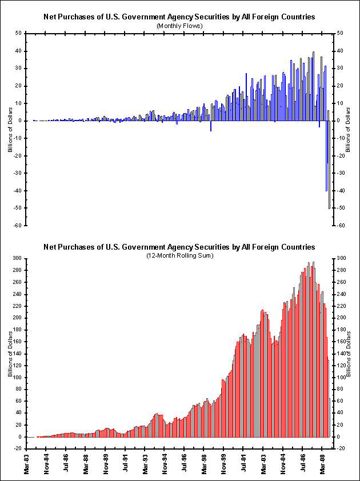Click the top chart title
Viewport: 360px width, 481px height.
click(179, 17)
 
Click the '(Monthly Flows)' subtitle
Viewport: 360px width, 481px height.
click(179, 26)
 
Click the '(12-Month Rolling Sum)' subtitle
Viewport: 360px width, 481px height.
click(179, 255)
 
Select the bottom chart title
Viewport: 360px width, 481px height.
click(179, 247)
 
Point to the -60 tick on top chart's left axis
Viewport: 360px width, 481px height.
click(18, 226)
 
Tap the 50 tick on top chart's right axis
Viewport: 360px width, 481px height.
click(339, 33)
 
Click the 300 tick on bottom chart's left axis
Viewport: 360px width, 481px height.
click(17, 258)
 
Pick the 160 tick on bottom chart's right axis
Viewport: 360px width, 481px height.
click(341, 342)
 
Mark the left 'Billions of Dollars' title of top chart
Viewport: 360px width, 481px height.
click(10, 129)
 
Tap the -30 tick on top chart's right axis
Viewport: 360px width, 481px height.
click(339, 173)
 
